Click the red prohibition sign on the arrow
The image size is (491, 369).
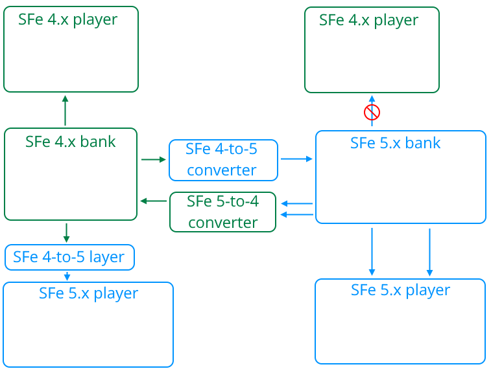(x=372, y=113)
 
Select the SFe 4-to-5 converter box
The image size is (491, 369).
(x=223, y=160)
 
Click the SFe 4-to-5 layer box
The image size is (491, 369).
(x=69, y=257)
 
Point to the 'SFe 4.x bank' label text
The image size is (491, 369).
(x=71, y=141)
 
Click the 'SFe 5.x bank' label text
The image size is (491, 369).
(x=395, y=143)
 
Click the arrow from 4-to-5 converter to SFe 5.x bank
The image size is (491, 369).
(x=297, y=158)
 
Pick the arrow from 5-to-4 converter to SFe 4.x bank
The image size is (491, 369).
(x=154, y=201)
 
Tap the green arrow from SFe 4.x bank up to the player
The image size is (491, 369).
(x=65, y=109)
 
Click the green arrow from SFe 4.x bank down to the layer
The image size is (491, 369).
(x=66, y=232)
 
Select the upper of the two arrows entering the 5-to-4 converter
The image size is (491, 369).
(x=297, y=205)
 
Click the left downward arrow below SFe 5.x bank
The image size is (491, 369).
(x=372, y=251)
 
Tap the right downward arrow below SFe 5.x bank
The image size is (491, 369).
(x=429, y=251)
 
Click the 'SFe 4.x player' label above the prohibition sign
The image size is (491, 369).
(x=368, y=20)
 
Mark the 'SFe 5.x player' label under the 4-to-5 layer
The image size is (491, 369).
(x=88, y=293)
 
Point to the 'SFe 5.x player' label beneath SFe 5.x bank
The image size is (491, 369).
(x=400, y=290)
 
